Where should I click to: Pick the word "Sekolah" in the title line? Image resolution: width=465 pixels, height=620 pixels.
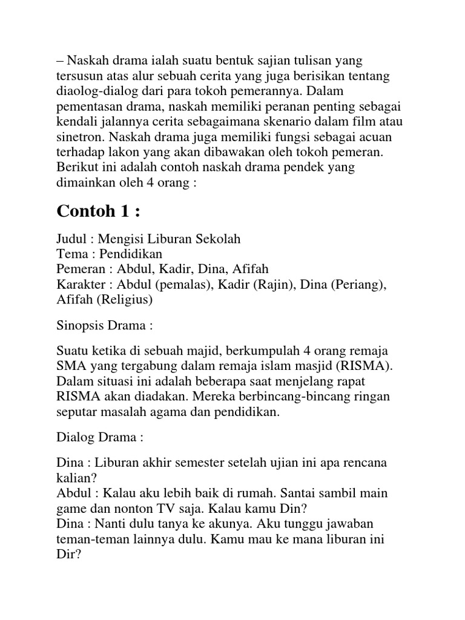219,239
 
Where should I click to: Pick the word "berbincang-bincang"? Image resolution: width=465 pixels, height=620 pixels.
302,397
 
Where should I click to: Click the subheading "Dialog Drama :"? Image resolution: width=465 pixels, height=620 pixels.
100,437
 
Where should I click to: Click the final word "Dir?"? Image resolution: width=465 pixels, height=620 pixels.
68,554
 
